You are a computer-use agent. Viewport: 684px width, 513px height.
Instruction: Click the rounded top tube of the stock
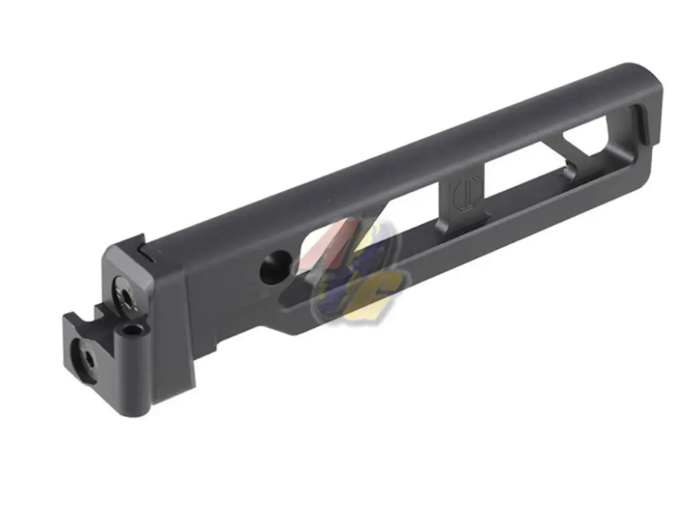401,160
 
